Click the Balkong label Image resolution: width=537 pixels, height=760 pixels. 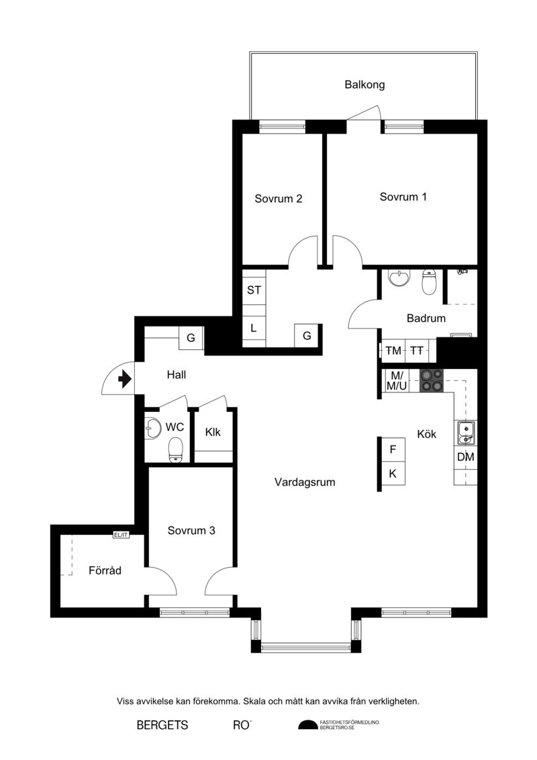click(364, 85)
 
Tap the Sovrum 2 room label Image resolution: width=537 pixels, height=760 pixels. click(279, 199)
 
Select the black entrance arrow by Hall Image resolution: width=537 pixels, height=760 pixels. click(125, 378)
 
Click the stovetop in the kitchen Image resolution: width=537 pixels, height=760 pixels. click(432, 380)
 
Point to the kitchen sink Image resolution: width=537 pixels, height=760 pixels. click(465, 433)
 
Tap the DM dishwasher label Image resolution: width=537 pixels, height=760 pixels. click(465, 456)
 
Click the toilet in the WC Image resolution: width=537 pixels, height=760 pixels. click(176, 450)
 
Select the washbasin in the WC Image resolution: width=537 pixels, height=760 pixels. click(153, 427)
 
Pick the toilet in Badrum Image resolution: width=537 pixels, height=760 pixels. click(430, 283)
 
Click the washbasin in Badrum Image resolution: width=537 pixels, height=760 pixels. click(399, 278)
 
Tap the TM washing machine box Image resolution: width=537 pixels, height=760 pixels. click(393, 350)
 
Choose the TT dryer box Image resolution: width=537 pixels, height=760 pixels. click(416, 350)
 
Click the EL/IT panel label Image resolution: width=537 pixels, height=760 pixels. click(121, 535)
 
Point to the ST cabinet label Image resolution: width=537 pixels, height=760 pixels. click(254, 290)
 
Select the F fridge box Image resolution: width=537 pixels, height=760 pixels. click(393, 450)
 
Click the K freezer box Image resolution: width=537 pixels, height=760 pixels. click(393, 474)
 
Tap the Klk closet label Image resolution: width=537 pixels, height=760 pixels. click(213, 432)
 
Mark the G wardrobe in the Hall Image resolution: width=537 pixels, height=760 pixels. click(191, 338)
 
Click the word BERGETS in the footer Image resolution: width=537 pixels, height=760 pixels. click(162, 725)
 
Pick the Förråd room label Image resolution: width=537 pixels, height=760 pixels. click(105, 570)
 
